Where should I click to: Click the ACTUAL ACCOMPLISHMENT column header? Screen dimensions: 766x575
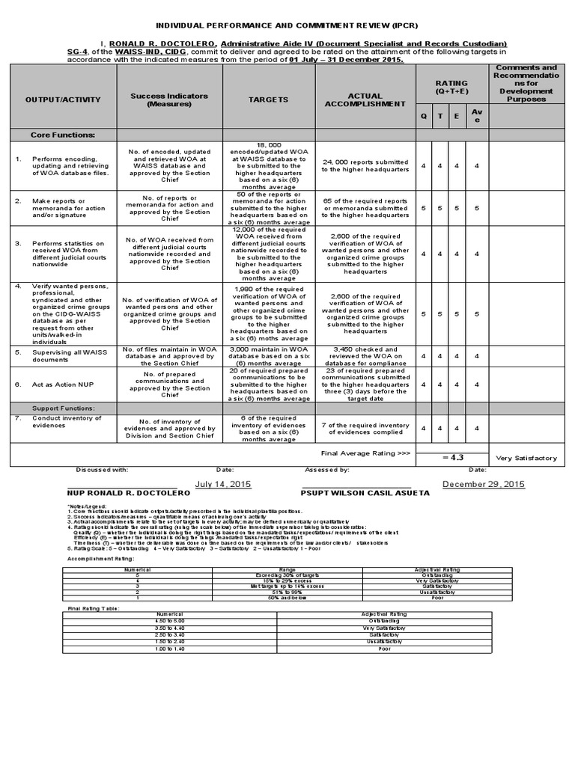[365, 100]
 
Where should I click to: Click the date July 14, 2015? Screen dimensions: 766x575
[222, 484]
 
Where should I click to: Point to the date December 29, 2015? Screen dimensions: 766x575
[484, 484]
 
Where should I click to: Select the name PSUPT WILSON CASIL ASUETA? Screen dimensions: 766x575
[365, 494]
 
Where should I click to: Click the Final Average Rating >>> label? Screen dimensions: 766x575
[365, 453]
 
